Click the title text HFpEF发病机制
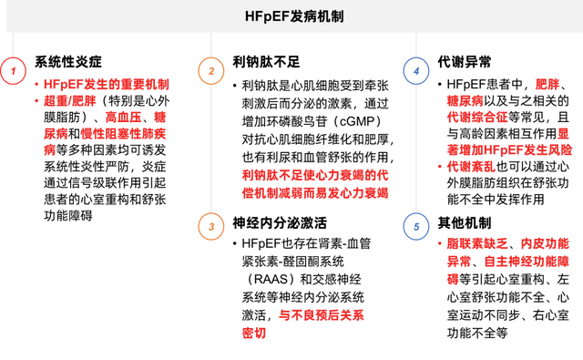coord(294,17)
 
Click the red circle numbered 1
coord(13,71)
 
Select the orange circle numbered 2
coord(211,71)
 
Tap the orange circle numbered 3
coord(211,226)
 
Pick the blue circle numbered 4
coord(416,71)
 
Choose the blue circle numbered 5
coord(416,226)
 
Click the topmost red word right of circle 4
coord(547,84)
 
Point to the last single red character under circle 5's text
coord(452,278)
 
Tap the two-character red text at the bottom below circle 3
coord(253,333)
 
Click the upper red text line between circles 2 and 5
coord(314,174)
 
